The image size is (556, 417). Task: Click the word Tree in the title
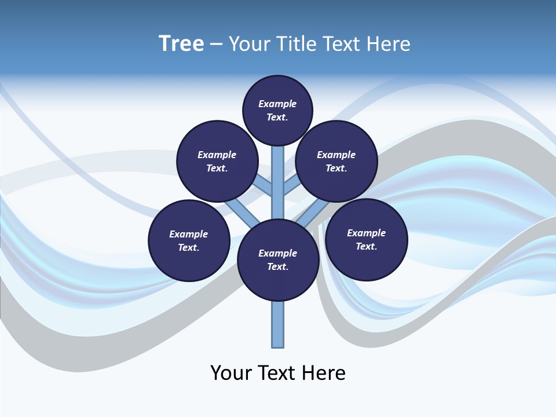tap(181, 44)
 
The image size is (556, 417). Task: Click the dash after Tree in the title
tap(216, 45)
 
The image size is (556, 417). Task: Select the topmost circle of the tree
tap(277, 111)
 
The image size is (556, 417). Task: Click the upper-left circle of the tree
tap(217, 161)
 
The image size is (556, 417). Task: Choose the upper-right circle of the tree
tap(336, 161)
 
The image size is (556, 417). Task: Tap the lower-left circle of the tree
tap(189, 240)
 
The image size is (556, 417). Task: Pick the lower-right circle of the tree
tap(366, 239)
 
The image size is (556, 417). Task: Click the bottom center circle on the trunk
tap(278, 260)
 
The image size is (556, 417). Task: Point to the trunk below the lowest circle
tap(278, 324)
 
